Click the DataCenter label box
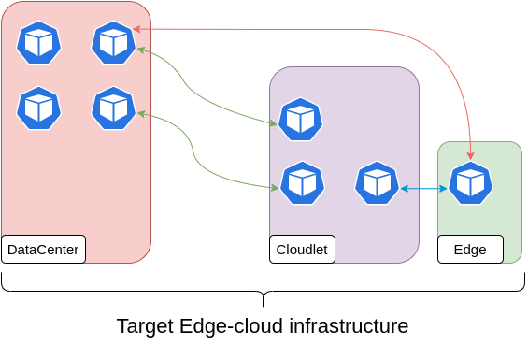point(43,249)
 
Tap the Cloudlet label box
point(302,249)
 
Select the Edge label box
point(470,249)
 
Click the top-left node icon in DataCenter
point(38,42)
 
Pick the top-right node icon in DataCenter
point(113,42)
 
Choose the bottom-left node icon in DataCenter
point(38,108)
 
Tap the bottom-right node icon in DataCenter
point(113,108)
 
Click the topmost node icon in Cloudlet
point(300,119)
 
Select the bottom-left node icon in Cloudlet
point(302,182)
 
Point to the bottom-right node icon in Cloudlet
point(377,182)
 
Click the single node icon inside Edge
point(470,182)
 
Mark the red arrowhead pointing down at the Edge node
point(470,155)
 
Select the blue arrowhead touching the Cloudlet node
point(405,188)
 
